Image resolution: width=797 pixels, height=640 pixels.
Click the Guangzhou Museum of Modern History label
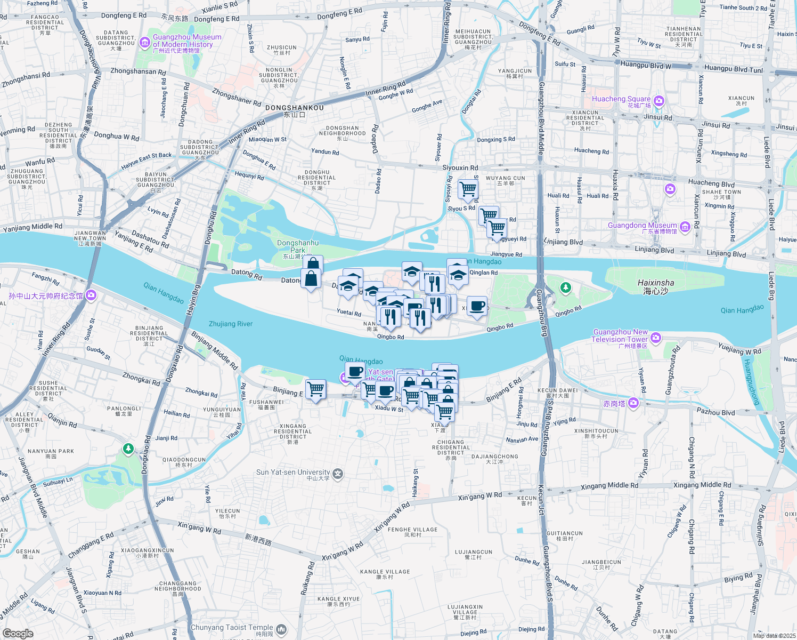coord(186,41)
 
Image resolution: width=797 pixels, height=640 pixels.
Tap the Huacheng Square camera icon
coord(659,101)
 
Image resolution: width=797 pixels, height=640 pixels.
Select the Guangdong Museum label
coord(642,226)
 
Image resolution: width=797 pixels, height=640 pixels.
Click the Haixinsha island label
coord(655,286)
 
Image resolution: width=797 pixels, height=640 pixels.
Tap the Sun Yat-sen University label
coord(293,473)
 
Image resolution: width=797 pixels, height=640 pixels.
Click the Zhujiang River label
coord(231,324)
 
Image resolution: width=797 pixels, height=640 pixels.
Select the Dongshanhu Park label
coord(298,246)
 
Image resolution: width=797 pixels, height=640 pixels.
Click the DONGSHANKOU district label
coord(294,108)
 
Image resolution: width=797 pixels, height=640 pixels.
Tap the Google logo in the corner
coord(18,633)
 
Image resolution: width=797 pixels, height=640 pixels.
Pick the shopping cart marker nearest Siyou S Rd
coord(468,189)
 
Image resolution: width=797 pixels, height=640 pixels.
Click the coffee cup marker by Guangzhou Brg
coord(477,306)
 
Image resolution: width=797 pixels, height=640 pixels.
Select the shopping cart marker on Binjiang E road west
coord(315,389)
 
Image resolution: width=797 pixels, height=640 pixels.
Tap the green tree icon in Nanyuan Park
coord(128,449)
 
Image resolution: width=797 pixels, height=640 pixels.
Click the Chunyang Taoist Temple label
coord(232,628)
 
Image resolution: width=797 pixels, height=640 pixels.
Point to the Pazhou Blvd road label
coord(715,412)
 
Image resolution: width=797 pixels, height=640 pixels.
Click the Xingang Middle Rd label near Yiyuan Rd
coord(609,486)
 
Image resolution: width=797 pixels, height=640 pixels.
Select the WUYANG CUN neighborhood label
coord(505,179)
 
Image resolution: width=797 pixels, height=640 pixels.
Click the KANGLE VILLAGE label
coord(385,572)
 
